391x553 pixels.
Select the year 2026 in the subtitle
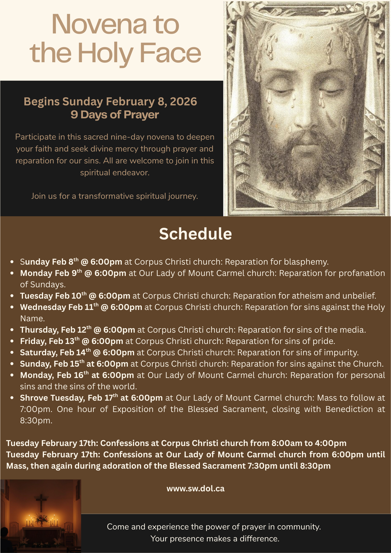pyautogui.click(x=183, y=102)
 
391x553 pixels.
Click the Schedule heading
pyautogui.click(x=195, y=234)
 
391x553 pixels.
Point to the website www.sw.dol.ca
pyautogui.click(x=195, y=489)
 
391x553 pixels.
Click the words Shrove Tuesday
pyautogui.click(x=52, y=398)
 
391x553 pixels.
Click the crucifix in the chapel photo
pyautogui.click(x=41, y=502)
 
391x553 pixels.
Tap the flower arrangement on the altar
pyautogui.click(x=41, y=518)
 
